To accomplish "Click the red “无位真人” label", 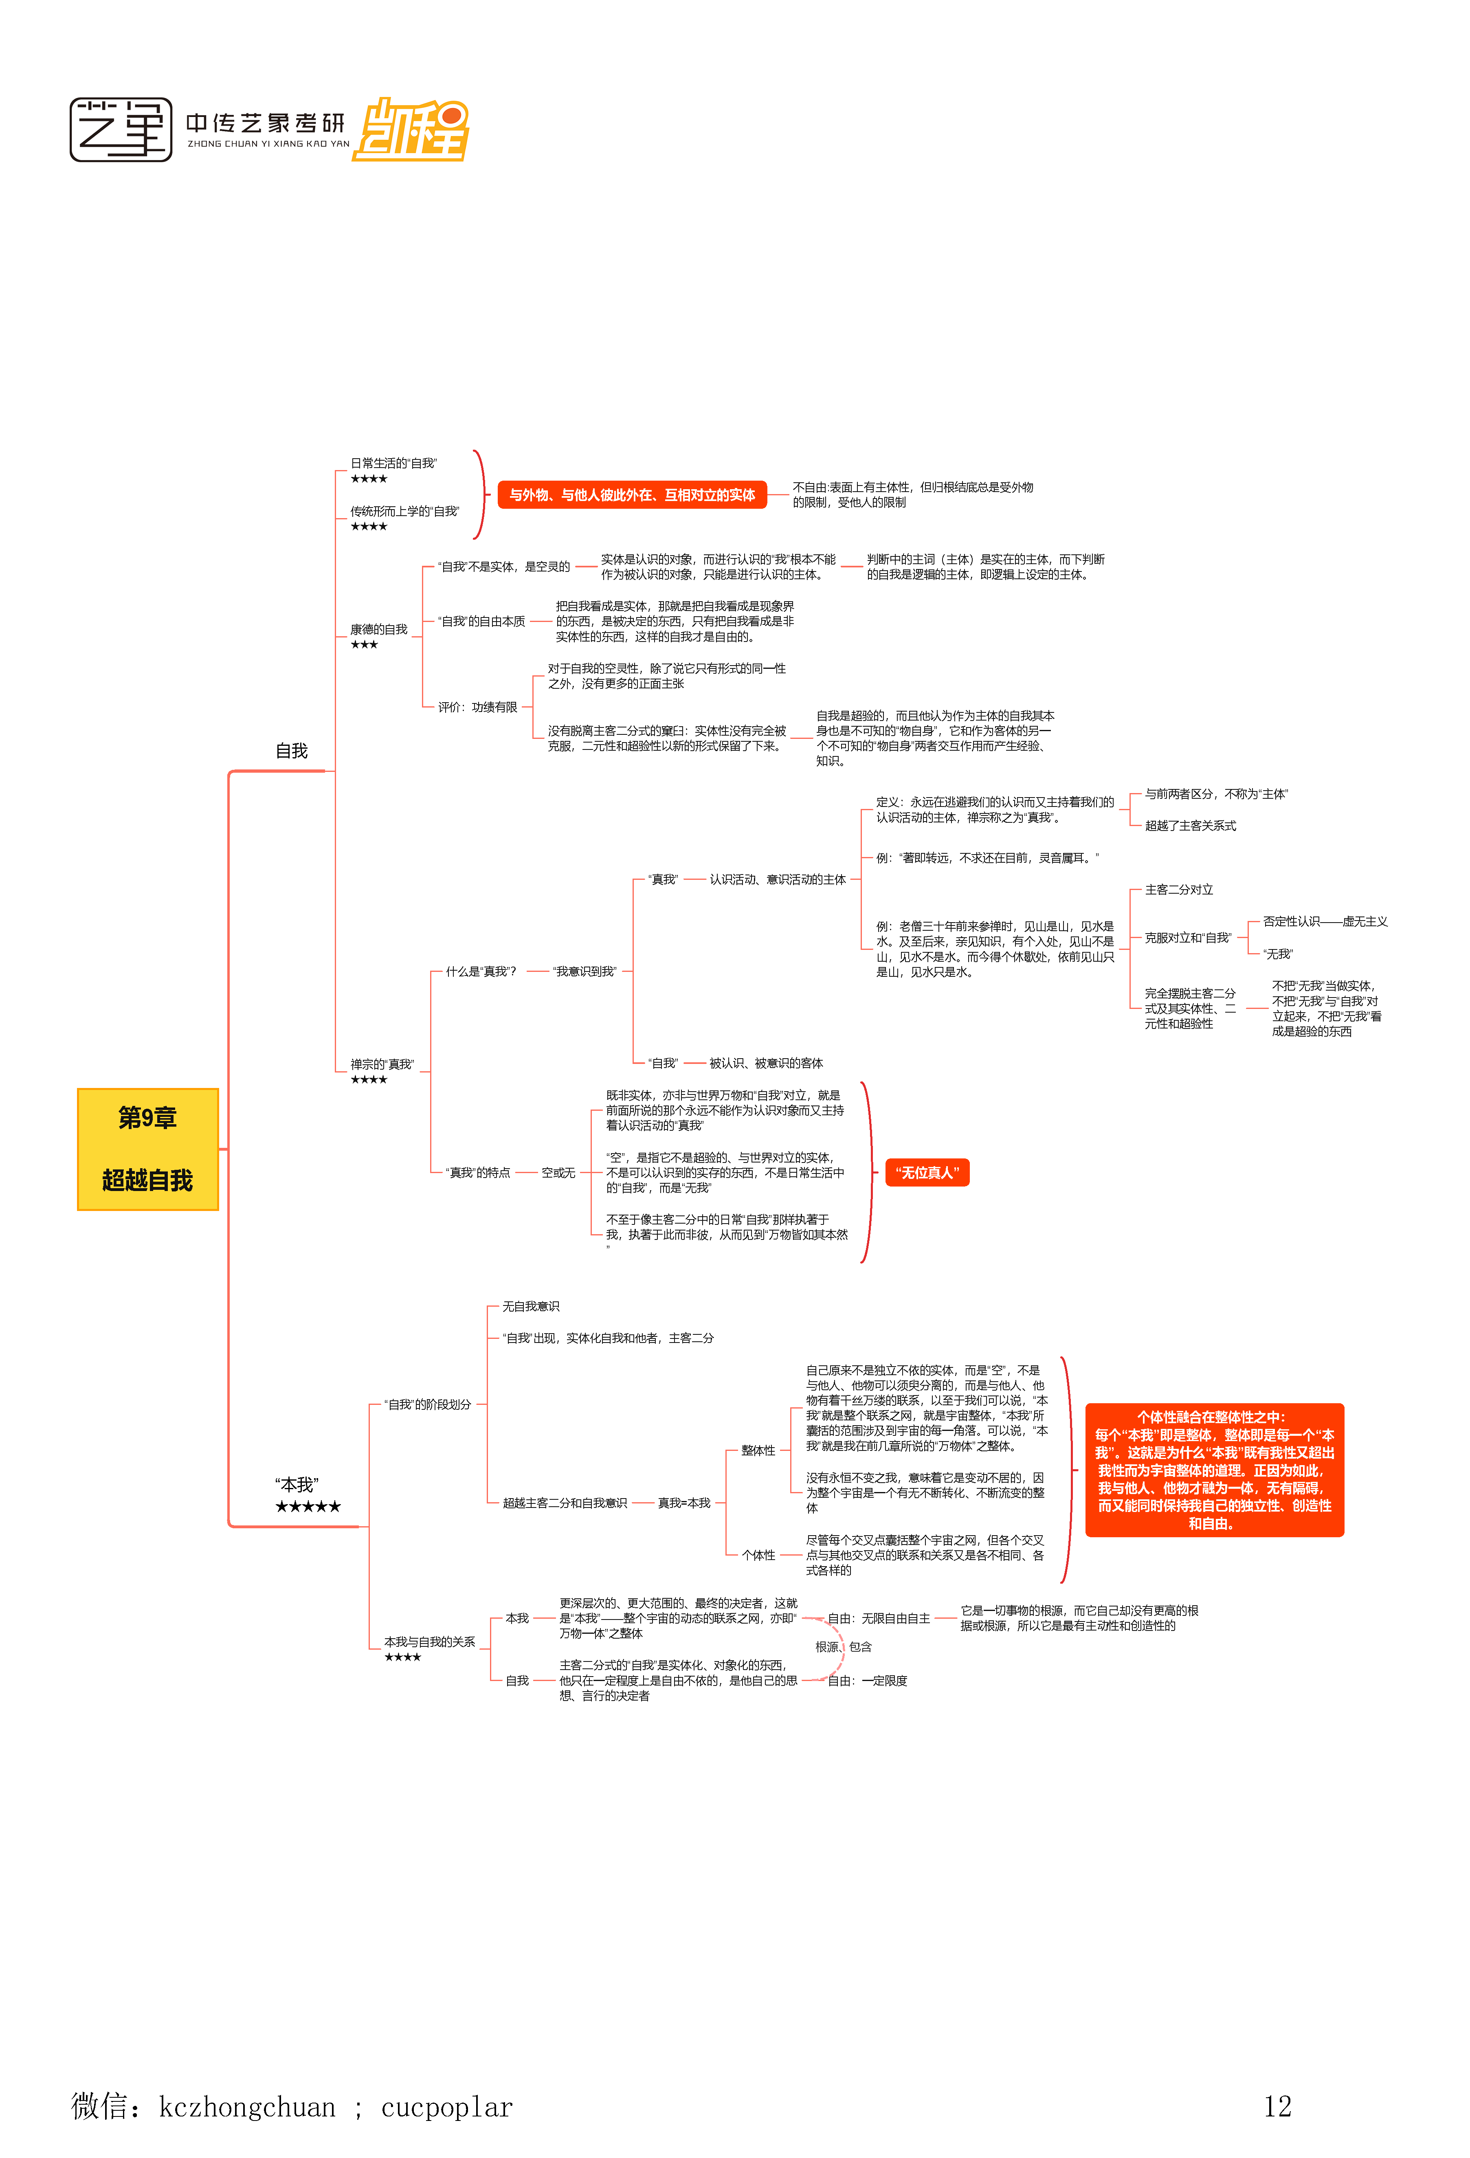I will (927, 1173).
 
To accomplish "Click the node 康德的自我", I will (379, 630).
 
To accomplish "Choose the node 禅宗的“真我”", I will (382, 1064).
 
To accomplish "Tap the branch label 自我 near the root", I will (292, 750).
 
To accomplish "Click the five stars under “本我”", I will (308, 1506).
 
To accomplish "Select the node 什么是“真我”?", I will (480, 971).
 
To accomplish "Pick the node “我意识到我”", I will (584, 971).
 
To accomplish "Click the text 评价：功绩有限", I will (477, 708).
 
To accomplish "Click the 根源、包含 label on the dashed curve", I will (843, 1646).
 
